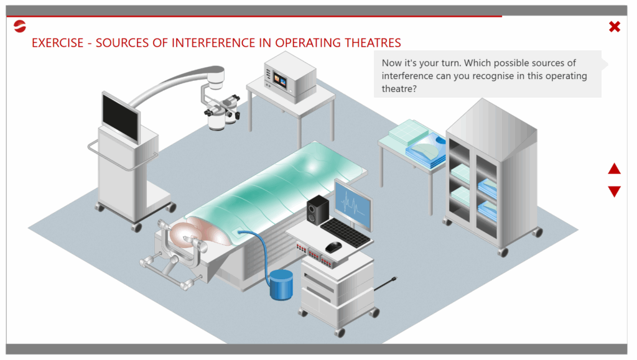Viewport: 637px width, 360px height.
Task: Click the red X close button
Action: tap(614, 27)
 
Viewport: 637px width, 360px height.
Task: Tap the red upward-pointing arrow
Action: tap(614, 168)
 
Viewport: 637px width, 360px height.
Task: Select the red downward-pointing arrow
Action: tap(614, 191)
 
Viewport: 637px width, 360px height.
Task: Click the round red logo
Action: tap(19, 26)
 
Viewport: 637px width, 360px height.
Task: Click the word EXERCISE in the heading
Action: tap(58, 43)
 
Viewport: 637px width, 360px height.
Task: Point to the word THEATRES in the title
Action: tap(373, 43)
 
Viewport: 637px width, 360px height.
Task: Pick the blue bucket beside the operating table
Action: tap(281, 285)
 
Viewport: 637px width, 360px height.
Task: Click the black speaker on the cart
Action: tap(317, 210)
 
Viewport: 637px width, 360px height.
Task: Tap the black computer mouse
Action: tap(333, 246)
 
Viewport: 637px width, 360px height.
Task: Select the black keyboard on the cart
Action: tap(345, 233)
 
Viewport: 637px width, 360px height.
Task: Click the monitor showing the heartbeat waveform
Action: tap(353, 204)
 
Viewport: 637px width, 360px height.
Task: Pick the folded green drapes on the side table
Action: tap(408, 131)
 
